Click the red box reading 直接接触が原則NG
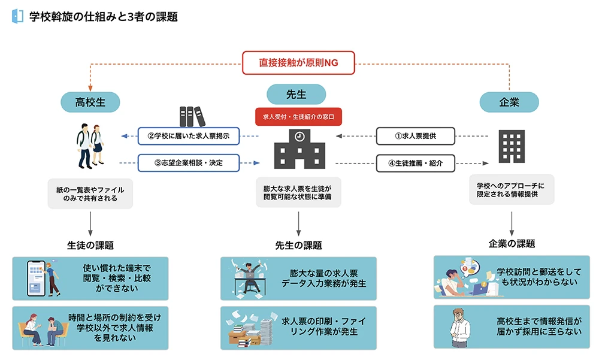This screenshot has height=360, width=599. click(298, 62)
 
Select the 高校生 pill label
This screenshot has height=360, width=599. click(90, 102)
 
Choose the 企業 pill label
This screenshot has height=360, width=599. click(509, 102)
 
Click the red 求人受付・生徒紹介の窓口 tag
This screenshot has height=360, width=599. click(298, 116)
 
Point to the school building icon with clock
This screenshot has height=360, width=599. click(298, 149)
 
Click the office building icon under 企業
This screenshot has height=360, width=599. click(510, 147)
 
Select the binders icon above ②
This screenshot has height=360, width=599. click(191, 116)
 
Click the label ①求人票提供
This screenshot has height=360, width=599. click(415, 136)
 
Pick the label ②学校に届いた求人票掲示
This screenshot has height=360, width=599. click(189, 136)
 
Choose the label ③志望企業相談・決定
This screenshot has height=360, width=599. click(189, 162)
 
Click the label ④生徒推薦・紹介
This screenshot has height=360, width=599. click(415, 162)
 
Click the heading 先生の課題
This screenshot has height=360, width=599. click(298, 245)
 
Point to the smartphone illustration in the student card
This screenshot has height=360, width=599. click(37, 278)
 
